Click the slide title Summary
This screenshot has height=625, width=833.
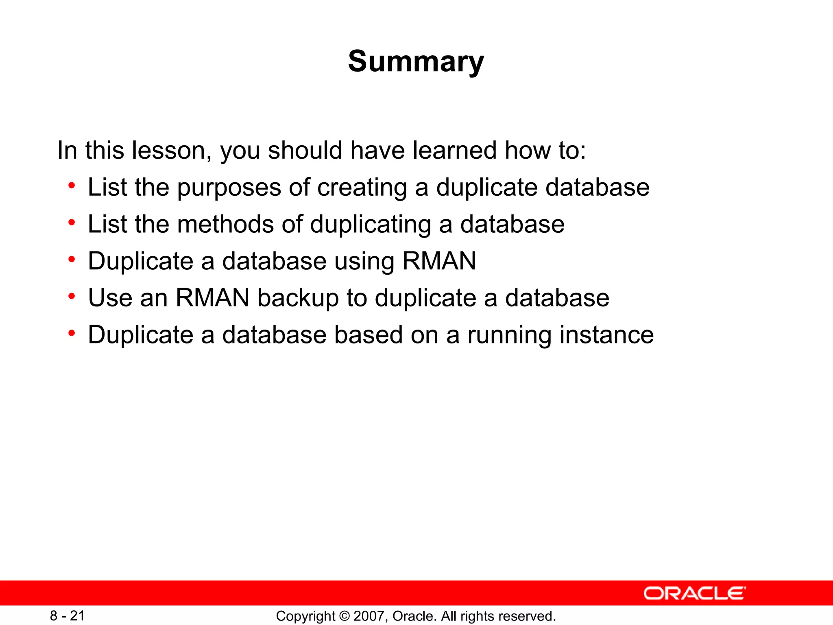(416, 61)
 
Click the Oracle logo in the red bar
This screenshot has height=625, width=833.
(695, 593)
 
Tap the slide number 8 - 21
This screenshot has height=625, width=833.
(68, 616)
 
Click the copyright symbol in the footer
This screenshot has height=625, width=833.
(345, 616)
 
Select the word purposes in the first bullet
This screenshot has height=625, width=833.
(229, 188)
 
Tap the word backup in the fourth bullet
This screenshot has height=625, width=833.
(298, 298)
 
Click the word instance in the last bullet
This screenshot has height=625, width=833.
(606, 335)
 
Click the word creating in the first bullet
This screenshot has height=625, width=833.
(362, 188)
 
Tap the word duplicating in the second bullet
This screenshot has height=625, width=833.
(371, 225)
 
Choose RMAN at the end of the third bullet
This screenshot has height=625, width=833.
(439, 261)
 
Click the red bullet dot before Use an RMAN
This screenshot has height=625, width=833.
(72, 297)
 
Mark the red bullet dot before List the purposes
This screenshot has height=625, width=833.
(72, 186)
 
